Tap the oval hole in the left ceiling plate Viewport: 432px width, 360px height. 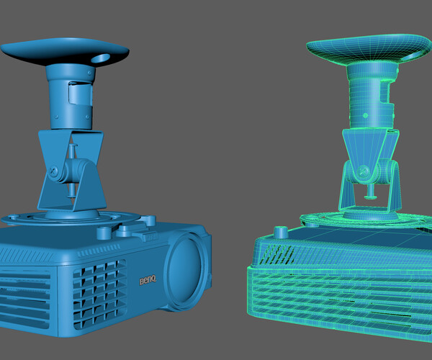point(102,57)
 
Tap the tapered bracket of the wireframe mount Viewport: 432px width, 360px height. point(367,148)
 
